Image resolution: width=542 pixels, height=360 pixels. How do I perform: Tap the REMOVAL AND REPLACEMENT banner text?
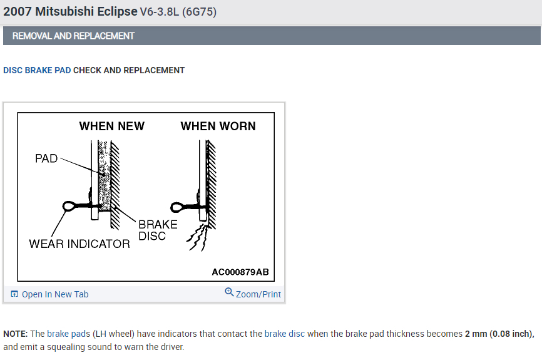pos(73,36)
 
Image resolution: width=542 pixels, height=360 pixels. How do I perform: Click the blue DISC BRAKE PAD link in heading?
pos(37,70)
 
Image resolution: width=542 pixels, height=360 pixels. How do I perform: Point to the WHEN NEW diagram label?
pos(111,126)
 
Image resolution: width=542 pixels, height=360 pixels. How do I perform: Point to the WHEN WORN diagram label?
pos(218,126)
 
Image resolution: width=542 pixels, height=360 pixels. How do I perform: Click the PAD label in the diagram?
pos(46,158)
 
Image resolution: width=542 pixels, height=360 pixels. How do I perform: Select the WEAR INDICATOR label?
pos(79,244)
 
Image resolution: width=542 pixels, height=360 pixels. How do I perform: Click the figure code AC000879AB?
pos(240,272)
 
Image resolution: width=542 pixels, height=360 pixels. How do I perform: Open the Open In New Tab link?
pos(55,294)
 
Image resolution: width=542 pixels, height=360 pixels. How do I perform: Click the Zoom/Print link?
pos(258,294)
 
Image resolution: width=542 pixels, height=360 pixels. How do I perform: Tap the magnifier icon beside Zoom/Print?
pos(229,292)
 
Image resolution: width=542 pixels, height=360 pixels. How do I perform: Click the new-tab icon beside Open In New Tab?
pos(14,294)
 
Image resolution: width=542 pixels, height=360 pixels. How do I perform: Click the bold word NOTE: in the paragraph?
pos(15,334)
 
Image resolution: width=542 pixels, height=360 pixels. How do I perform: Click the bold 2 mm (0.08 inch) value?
pos(499,334)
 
